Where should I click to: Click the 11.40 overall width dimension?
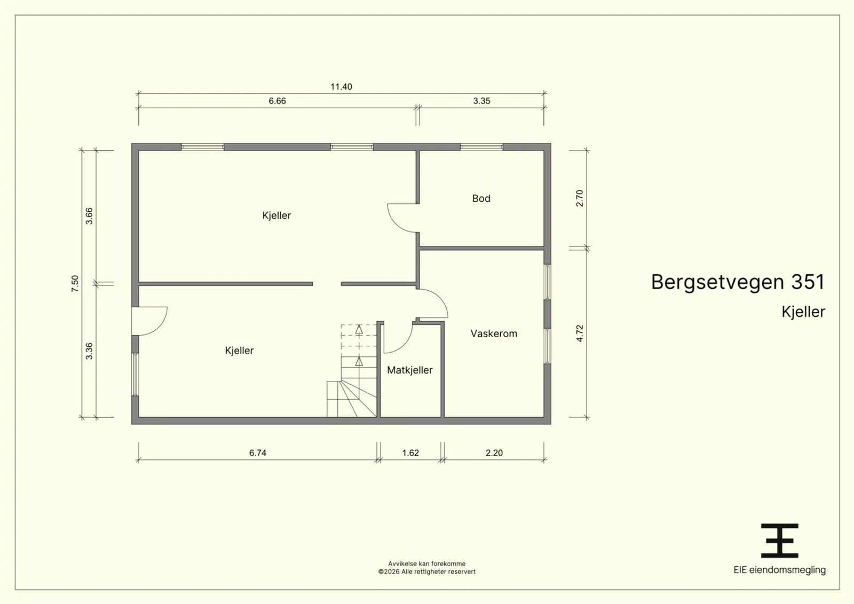pyautogui.click(x=341, y=87)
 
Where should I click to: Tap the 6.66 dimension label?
pyautogui.click(x=277, y=101)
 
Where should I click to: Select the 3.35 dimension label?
pyautogui.click(x=481, y=101)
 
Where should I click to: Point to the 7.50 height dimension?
pyautogui.click(x=75, y=283)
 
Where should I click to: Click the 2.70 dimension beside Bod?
pyautogui.click(x=580, y=198)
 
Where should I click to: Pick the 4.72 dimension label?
pyautogui.click(x=580, y=333)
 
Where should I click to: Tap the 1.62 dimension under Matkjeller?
pyautogui.click(x=410, y=452)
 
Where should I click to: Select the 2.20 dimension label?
pyautogui.click(x=494, y=452)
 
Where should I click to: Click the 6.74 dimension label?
pyautogui.click(x=258, y=452)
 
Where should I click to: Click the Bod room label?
pyautogui.click(x=481, y=198)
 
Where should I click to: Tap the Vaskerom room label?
pyautogui.click(x=494, y=334)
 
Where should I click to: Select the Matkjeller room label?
pyautogui.click(x=410, y=370)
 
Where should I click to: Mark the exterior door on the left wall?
pyautogui.click(x=149, y=321)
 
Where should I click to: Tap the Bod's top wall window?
pyautogui.click(x=481, y=147)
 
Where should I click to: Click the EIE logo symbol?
pyautogui.click(x=780, y=541)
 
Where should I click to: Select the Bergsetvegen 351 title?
pyautogui.click(x=738, y=282)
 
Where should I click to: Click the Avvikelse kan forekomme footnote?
pyautogui.click(x=426, y=563)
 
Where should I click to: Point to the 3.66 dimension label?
pyautogui.click(x=89, y=216)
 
